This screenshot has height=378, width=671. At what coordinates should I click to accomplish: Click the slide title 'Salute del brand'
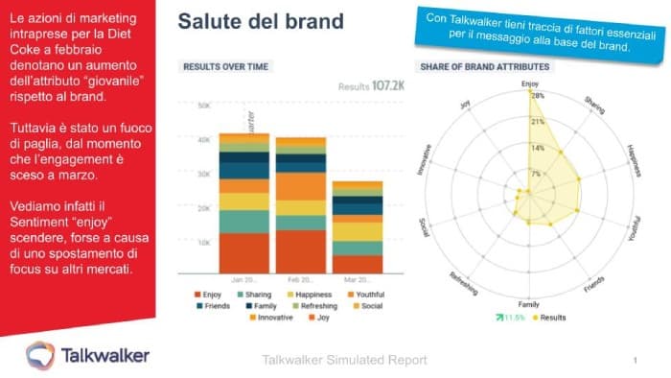[x=261, y=22]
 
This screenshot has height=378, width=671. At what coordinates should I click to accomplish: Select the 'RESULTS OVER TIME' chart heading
[x=225, y=66]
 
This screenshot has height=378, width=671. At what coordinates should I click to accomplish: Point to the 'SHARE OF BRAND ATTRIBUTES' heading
[x=483, y=66]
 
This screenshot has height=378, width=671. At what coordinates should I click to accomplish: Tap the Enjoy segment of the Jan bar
[x=243, y=253]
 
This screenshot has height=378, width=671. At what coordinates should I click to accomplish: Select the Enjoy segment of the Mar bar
[x=358, y=264]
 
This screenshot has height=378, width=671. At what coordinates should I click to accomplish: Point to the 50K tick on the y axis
[x=203, y=106]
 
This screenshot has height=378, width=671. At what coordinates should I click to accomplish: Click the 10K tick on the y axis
[x=203, y=242]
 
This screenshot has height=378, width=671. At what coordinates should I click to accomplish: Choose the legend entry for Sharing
[x=251, y=294]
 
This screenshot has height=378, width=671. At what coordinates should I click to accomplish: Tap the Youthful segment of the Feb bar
[x=300, y=186]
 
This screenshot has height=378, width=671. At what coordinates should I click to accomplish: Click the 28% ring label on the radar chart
[x=538, y=96]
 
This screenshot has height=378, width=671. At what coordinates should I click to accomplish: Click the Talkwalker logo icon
[x=39, y=354]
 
